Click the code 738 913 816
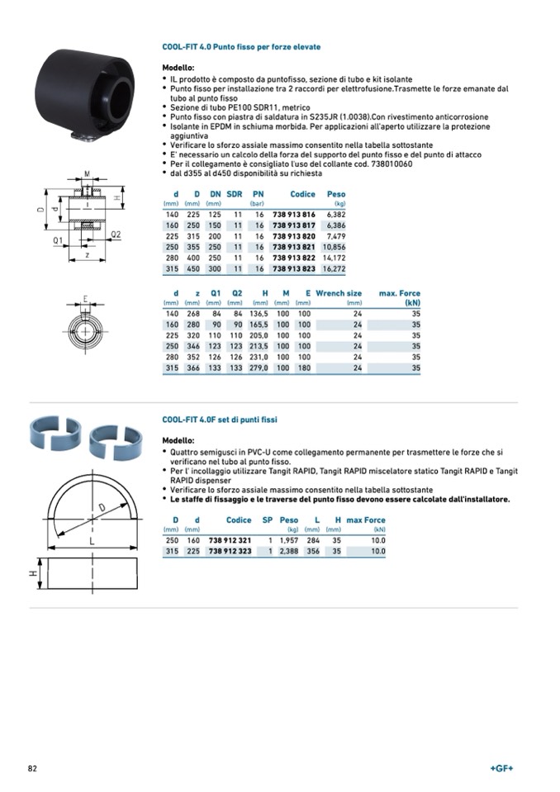point(294,213)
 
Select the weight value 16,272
point(334,268)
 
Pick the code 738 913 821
point(294,246)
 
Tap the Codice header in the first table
point(302,193)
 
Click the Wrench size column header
point(339,293)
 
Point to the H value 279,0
point(260,368)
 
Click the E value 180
point(304,368)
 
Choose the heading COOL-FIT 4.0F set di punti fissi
point(220,420)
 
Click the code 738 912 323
point(230,550)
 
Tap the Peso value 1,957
point(288,539)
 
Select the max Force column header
point(366,520)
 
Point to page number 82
point(33,768)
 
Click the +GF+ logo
point(501,768)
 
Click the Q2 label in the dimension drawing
point(116,235)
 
